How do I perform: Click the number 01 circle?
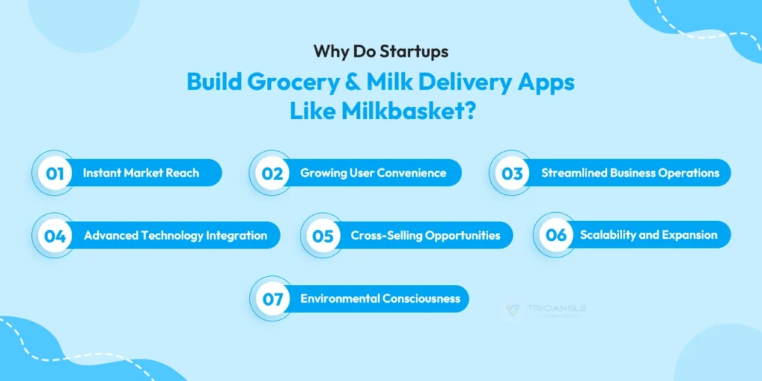click(54, 173)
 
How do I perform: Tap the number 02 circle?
click(271, 173)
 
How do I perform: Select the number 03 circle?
click(511, 173)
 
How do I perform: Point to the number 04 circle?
click(54, 236)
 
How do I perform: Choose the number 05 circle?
click(322, 236)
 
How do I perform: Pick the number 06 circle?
click(556, 235)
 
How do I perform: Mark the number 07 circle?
click(272, 299)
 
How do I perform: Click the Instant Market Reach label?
click(141, 173)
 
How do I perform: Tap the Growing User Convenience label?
click(373, 173)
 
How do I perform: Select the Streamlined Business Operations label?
click(630, 173)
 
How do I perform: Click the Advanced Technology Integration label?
click(175, 236)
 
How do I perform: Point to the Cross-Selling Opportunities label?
click(425, 236)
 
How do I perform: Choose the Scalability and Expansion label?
click(648, 235)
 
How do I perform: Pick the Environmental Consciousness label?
click(380, 299)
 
